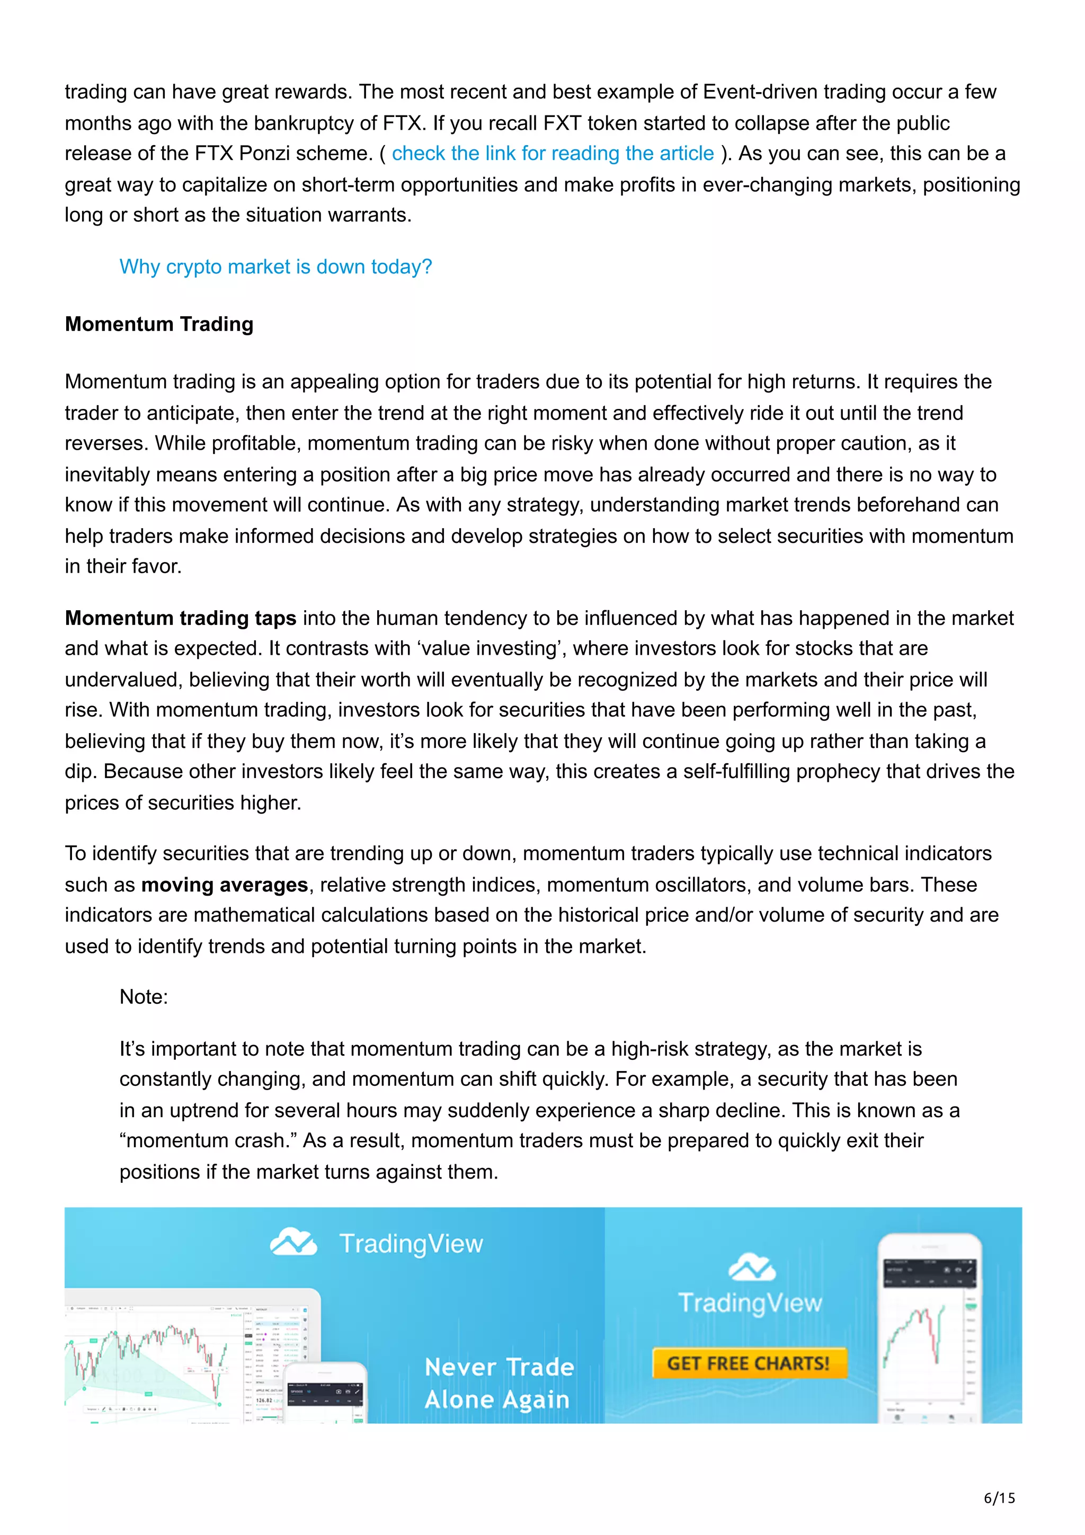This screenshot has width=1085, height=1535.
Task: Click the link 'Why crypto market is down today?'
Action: click(x=275, y=267)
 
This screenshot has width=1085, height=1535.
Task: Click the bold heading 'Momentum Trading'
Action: click(x=159, y=324)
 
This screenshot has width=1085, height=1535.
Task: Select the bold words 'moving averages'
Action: click(x=224, y=885)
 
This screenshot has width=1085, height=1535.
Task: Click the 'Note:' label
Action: click(x=144, y=997)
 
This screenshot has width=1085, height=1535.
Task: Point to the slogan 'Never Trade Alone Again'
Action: click(x=498, y=1382)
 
